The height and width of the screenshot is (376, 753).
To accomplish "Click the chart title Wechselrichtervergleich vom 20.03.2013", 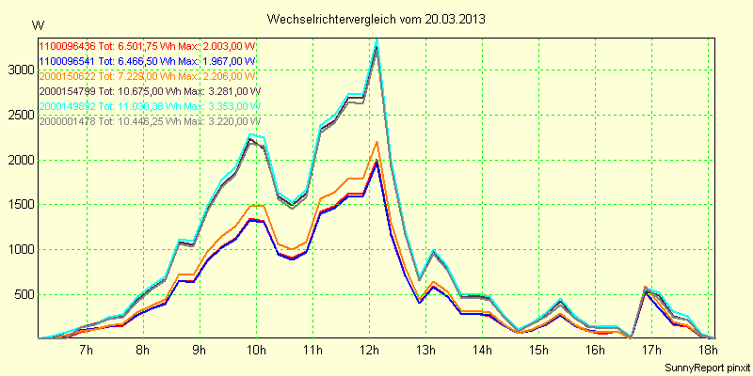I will (x=376, y=19).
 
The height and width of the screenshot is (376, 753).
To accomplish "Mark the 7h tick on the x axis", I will (x=86, y=351).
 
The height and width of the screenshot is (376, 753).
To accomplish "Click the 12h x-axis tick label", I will (x=369, y=351).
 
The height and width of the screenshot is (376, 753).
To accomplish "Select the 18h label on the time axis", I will (x=708, y=351).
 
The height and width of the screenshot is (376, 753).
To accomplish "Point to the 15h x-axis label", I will (x=538, y=351).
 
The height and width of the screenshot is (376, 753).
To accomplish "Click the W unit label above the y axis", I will (x=37, y=24).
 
